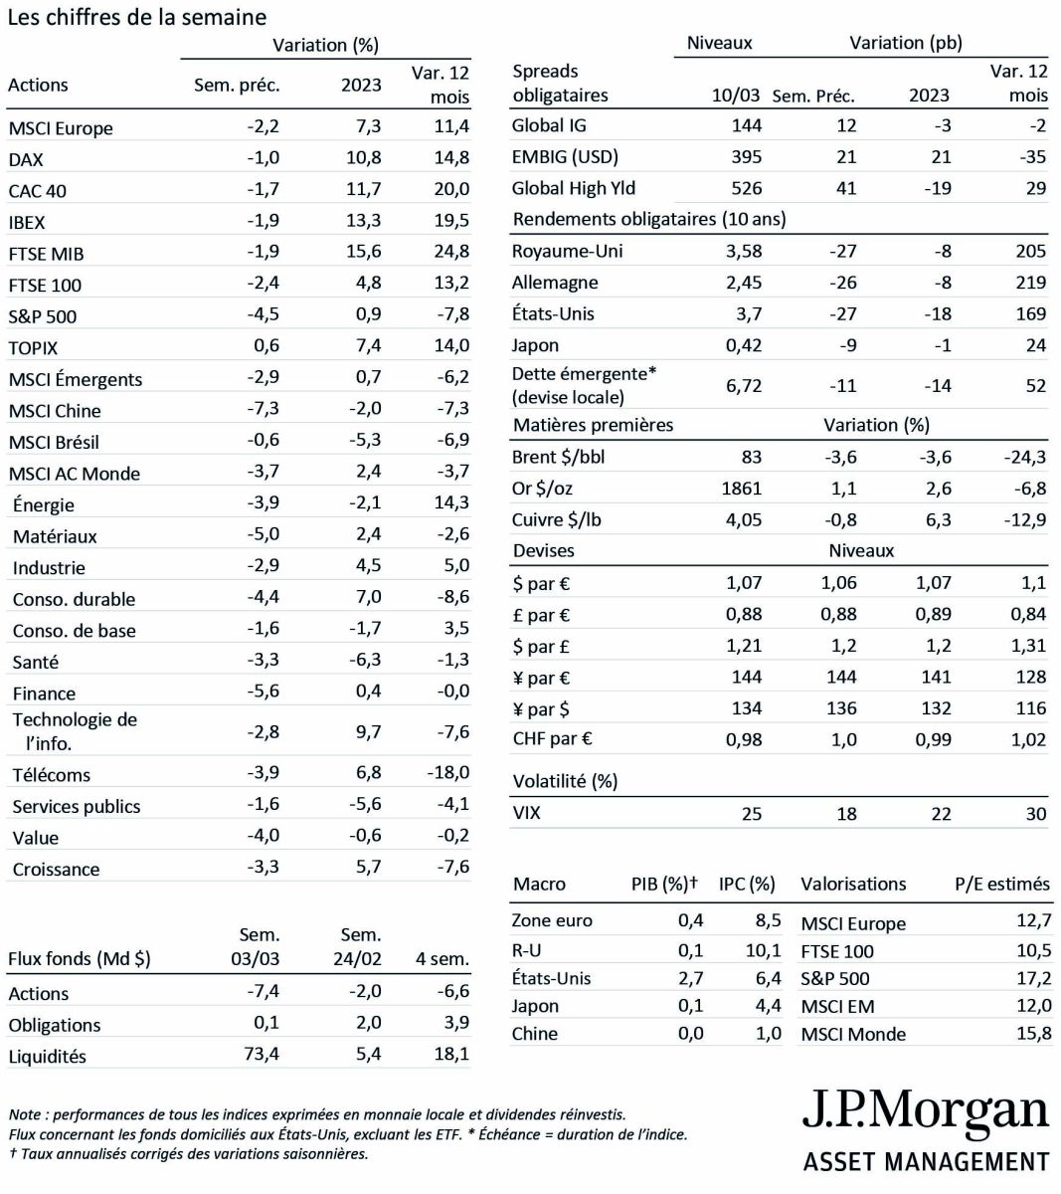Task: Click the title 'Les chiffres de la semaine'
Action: point(137,17)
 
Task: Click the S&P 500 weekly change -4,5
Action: point(264,315)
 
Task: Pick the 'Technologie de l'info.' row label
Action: point(75,731)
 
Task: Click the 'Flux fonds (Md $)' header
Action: point(80,959)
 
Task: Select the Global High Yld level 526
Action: point(746,188)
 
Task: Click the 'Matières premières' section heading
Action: point(593,425)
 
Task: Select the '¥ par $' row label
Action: point(542,709)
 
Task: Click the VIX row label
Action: point(526,813)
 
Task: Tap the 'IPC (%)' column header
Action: point(747,884)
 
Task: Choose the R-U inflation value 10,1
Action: point(763,950)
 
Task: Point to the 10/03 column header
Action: point(736,96)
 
